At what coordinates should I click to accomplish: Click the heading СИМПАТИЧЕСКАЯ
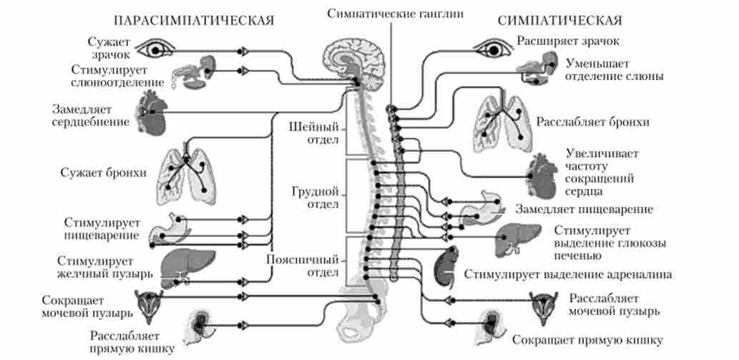pos(559,19)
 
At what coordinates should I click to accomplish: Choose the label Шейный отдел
pos(313,132)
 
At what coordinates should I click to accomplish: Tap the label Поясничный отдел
pos(303,266)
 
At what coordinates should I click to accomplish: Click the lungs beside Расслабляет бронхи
pos(501,121)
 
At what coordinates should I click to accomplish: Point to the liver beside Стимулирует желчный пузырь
pos(175,264)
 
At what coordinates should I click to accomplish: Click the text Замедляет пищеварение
pos(583,209)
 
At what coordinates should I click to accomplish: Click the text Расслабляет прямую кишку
pos(131,342)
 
